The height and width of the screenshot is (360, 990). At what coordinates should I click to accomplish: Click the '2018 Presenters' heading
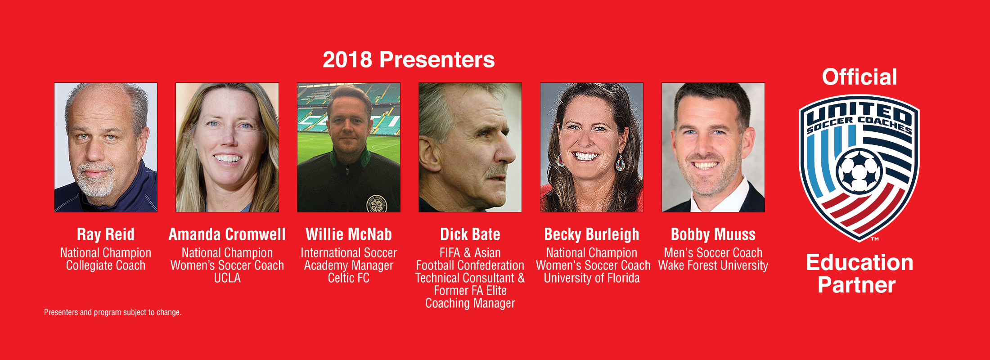(x=409, y=60)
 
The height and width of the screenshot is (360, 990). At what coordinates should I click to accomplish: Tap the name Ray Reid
(x=106, y=234)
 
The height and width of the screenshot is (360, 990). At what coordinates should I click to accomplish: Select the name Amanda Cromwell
(x=227, y=234)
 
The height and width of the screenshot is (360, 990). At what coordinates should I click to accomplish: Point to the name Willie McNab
(x=349, y=234)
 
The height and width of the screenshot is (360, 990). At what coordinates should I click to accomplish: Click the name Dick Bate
(x=470, y=234)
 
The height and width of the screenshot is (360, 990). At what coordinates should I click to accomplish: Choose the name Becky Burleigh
(x=592, y=234)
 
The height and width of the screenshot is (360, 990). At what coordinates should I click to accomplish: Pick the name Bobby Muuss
(x=713, y=234)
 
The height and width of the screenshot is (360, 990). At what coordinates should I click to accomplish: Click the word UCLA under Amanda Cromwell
(x=227, y=278)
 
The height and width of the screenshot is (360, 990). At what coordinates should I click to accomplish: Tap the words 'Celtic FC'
(x=349, y=278)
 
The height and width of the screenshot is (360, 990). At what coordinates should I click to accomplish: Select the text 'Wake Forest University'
(x=713, y=265)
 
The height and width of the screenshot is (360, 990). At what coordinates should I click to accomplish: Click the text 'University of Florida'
(x=592, y=278)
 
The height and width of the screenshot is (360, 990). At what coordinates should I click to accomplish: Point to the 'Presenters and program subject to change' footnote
(x=112, y=312)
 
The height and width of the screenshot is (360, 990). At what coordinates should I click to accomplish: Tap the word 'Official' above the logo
(x=859, y=77)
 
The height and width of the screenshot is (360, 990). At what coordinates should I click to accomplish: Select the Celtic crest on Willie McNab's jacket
(x=377, y=203)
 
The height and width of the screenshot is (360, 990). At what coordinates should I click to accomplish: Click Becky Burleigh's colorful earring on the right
(x=621, y=163)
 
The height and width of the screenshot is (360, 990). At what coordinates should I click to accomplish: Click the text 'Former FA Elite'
(x=470, y=291)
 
